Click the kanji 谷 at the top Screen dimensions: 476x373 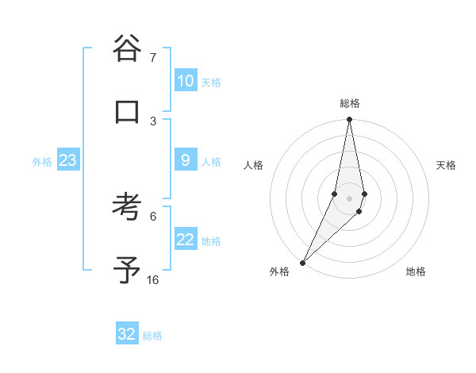point(127,48)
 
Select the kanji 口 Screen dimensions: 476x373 point(127,113)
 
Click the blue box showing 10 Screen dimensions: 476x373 point(186,81)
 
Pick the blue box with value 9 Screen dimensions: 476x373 point(186,160)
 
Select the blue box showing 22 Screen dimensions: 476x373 point(186,240)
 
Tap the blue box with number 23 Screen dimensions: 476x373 point(67,160)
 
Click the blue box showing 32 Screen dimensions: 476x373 point(127,334)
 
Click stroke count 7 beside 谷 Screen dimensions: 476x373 point(152,58)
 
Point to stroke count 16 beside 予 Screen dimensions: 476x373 point(152,280)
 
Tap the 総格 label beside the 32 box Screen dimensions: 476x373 point(152,336)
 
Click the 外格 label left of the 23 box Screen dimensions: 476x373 point(42,162)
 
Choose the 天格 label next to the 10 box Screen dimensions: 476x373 point(211,83)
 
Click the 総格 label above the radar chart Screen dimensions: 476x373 point(350,103)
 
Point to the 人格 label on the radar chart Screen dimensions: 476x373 point(254,165)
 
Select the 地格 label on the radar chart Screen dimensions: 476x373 point(416,271)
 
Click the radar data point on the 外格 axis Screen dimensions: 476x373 point(302,263)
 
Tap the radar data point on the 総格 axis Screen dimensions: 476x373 point(349,121)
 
